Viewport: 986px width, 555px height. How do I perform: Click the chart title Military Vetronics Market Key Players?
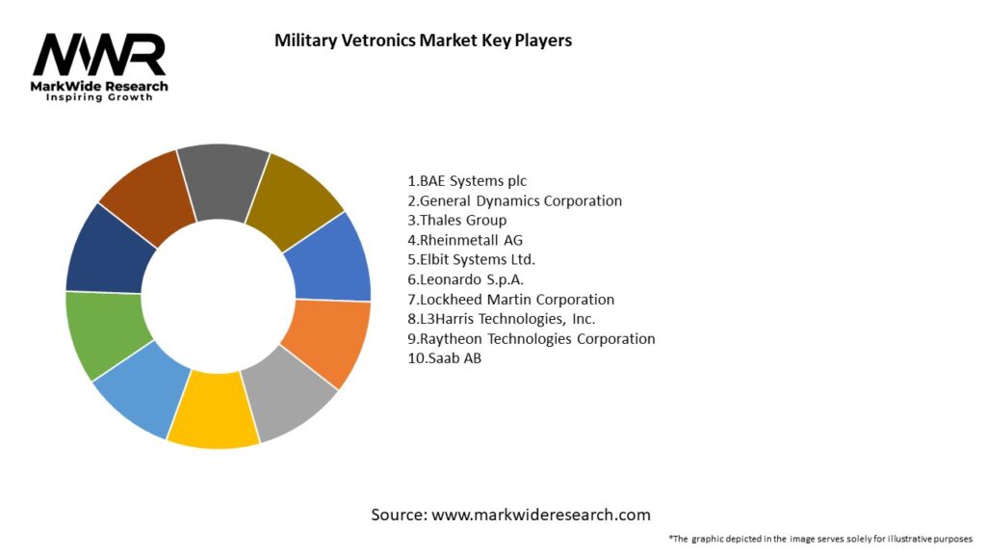423,40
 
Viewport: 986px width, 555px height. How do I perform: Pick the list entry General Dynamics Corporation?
515,200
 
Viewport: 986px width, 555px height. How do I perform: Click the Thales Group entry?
457,220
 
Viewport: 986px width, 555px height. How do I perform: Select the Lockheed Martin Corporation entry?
511,300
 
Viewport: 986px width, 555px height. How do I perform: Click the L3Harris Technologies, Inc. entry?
502,319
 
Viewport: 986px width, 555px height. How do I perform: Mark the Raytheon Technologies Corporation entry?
532,339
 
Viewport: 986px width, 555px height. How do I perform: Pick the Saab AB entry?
445,358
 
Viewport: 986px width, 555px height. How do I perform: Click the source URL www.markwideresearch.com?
541,515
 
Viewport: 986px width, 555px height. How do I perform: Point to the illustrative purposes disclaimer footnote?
820,539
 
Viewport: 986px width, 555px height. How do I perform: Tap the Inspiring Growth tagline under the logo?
99,98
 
